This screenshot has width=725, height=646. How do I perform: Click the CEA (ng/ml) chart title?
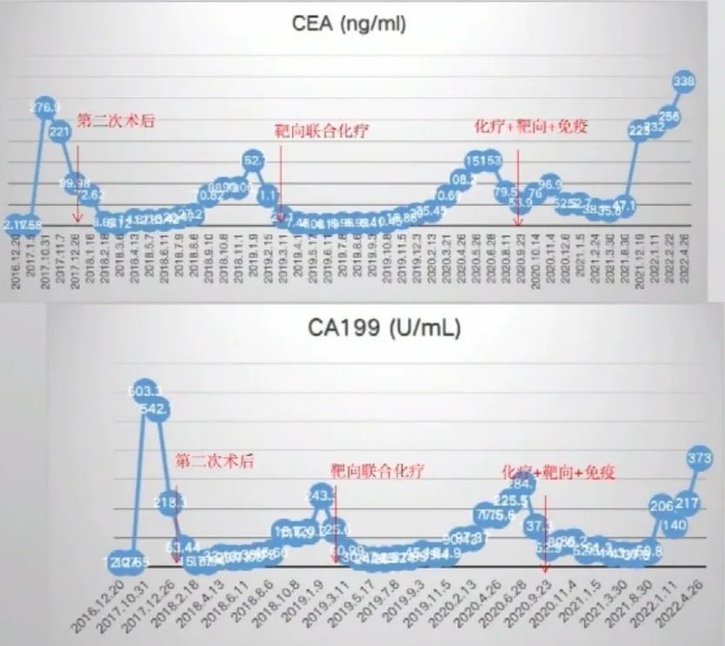(x=348, y=24)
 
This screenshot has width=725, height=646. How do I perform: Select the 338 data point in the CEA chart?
(x=685, y=81)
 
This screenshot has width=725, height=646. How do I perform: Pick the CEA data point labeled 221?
(x=60, y=132)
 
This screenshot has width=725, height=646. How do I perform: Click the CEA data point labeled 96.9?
(x=549, y=183)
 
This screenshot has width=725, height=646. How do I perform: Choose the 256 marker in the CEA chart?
(x=670, y=116)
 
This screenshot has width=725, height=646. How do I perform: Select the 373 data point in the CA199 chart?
(x=700, y=457)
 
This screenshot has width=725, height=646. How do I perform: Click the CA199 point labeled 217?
(x=688, y=503)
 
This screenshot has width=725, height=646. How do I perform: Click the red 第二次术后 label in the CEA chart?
(x=116, y=121)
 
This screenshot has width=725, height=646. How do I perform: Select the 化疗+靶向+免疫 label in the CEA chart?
(x=531, y=126)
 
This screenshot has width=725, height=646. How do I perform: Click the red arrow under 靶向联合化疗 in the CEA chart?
(x=282, y=178)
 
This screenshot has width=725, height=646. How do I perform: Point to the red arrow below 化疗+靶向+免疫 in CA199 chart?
(x=545, y=530)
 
